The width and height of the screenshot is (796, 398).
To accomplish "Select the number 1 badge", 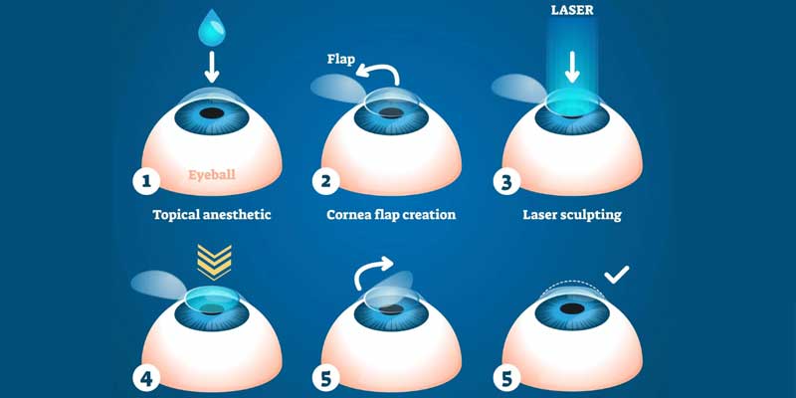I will [x=146, y=181].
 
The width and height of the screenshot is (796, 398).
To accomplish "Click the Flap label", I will [x=342, y=59].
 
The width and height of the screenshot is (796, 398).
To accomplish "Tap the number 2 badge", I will [x=324, y=181].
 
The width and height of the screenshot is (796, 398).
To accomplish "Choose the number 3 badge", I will [x=507, y=181].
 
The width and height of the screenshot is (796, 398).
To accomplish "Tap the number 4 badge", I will [x=146, y=378].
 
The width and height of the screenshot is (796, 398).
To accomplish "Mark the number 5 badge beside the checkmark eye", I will [x=507, y=378].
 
